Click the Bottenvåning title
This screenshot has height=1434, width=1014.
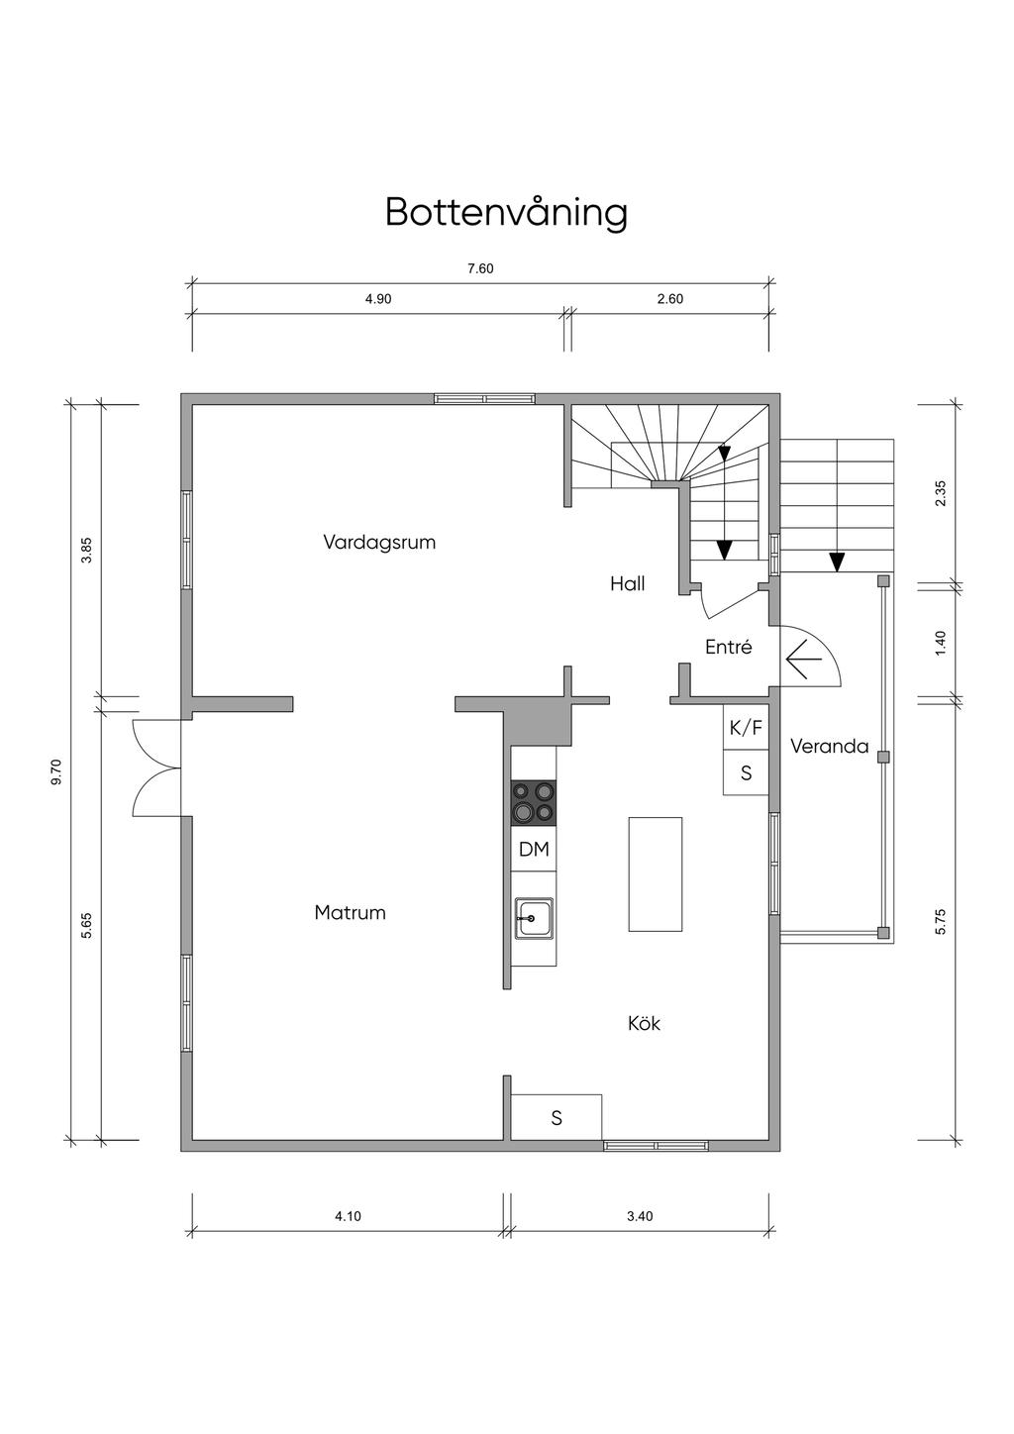click(506, 212)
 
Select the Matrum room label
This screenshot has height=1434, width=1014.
click(350, 913)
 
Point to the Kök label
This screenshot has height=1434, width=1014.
click(644, 1023)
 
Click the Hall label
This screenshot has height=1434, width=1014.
click(627, 584)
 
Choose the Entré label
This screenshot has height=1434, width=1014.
click(728, 648)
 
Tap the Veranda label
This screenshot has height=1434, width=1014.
click(829, 747)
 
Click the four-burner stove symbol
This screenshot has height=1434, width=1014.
click(533, 802)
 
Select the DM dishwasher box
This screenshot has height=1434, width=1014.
click(534, 850)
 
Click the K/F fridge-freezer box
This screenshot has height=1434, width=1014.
click(746, 729)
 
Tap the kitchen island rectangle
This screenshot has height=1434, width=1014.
click(656, 874)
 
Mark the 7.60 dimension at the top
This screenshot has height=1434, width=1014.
click(480, 269)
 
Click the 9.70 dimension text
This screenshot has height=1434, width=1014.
click(56, 772)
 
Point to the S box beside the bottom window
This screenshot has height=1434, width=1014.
click(557, 1118)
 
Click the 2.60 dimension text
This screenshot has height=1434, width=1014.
click(670, 299)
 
